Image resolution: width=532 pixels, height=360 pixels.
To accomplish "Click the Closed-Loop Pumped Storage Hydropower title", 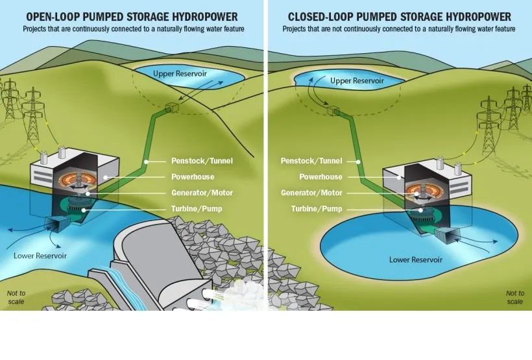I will tap(399, 16).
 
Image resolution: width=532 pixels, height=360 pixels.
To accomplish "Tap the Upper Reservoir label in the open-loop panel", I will tap(180, 73).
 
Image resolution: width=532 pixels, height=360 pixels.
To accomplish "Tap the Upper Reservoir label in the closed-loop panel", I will tap(357, 81).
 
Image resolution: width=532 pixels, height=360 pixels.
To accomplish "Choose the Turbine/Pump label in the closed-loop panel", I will tap(317, 209).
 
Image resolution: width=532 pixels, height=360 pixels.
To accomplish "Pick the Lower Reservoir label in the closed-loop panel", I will tap(415, 259).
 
